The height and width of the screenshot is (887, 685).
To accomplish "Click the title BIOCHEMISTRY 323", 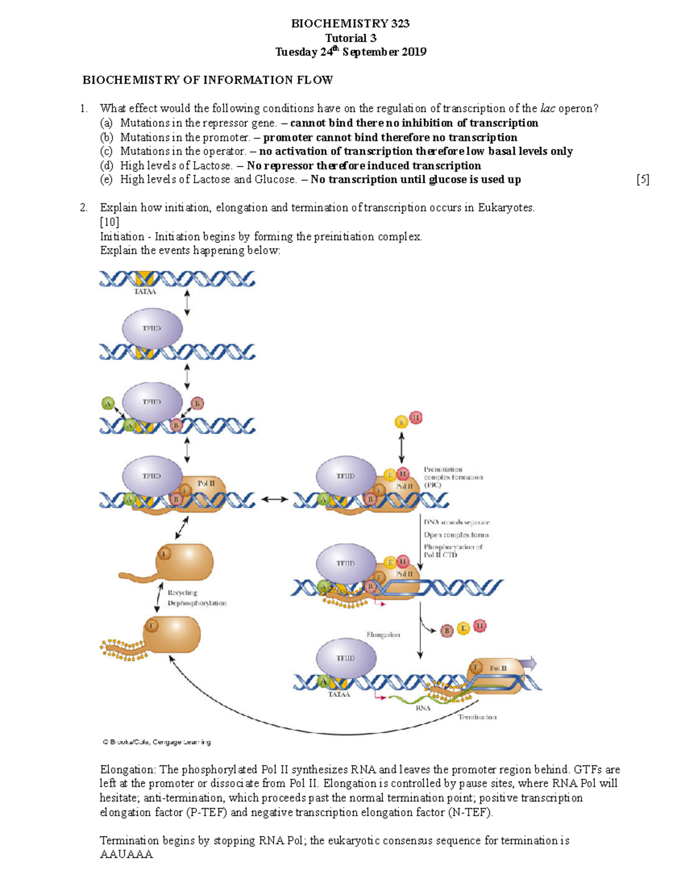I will (x=350, y=23).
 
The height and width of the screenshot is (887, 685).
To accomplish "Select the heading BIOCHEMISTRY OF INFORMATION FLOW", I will (x=208, y=80).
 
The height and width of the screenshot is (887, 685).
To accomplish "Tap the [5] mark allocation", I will (x=643, y=180).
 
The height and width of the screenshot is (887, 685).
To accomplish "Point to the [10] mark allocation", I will (x=109, y=222).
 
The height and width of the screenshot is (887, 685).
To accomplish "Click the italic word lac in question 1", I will (x=547, y=109).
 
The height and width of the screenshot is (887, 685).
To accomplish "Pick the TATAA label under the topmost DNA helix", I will (x=145, y=291).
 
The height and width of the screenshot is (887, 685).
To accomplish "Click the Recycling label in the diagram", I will (x=182, y=592).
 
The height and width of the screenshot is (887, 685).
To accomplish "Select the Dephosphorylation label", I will (x=197, y=603).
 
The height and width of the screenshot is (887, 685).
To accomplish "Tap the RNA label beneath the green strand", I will (x=423, y=708).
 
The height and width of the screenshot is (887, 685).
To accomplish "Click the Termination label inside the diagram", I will (x=477, y=717).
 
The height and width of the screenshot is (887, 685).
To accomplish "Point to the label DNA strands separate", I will (x=456, y=522).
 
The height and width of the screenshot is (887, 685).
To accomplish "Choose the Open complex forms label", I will (x=456, y=535).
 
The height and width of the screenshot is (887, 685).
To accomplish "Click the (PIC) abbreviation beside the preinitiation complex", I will (x=433, y=485).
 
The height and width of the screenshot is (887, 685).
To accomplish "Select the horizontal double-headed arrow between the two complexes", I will (x=275, y=499).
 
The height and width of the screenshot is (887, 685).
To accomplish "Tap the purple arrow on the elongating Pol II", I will (x=530, y=663).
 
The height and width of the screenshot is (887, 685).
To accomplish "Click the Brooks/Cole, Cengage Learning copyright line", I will (x=156, y=742).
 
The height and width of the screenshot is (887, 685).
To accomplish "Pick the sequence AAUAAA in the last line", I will (x=126, y=855).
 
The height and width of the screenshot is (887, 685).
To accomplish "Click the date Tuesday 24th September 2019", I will (x=350, y=52).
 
